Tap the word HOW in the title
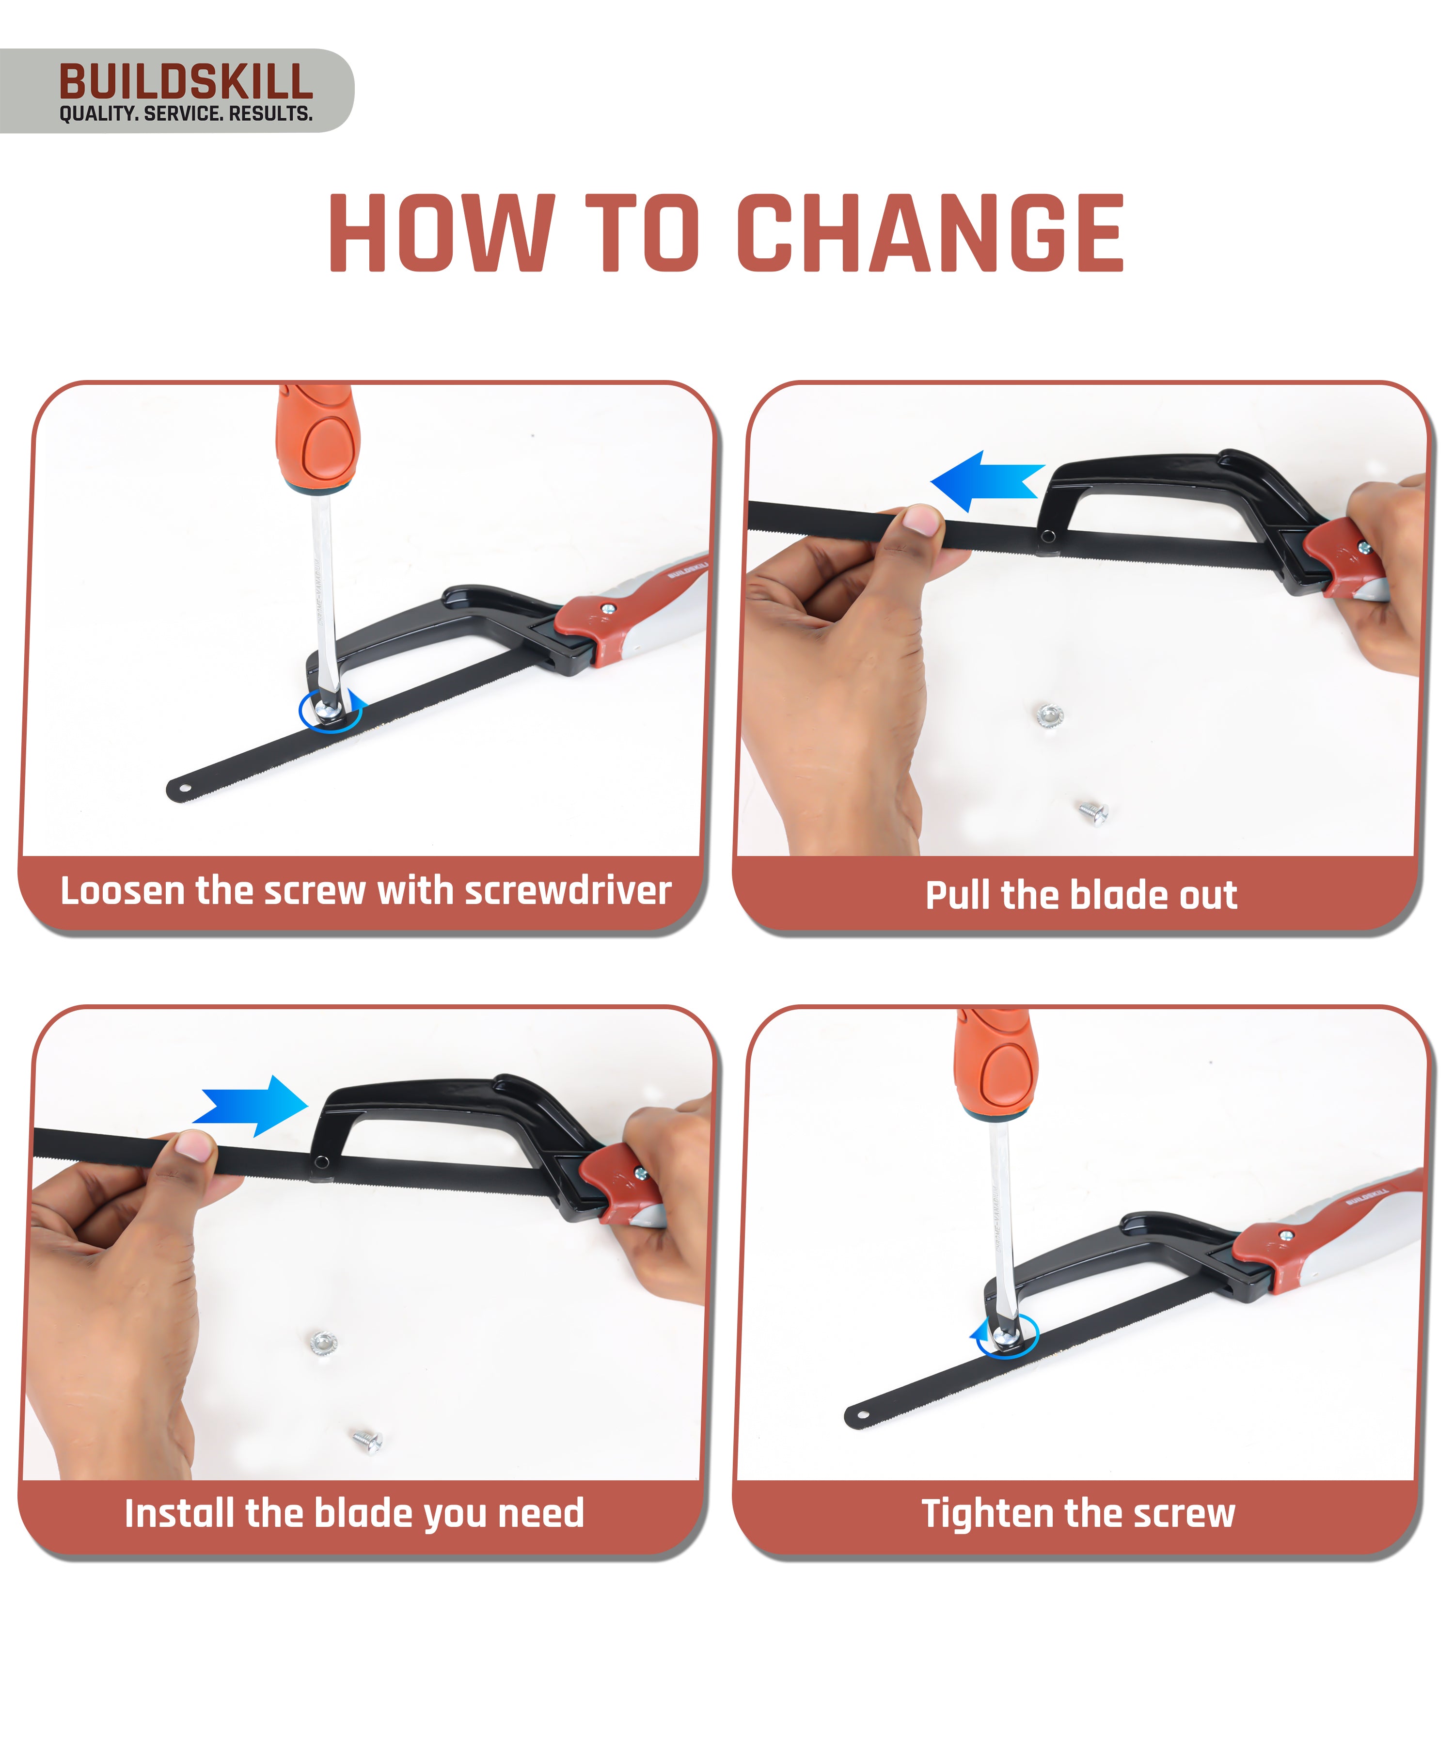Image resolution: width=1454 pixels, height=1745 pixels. (x=441, y=234)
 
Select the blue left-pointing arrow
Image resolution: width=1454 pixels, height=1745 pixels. (x=984, y=481)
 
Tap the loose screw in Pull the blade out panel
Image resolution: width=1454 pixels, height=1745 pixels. (x=1093, y=812)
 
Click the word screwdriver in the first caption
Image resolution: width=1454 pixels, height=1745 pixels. (x=568, y=891)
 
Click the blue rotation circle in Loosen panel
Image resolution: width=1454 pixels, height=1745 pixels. (x=331, y=712)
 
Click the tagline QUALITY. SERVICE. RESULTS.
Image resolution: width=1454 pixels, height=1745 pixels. (x=185, y=114)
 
